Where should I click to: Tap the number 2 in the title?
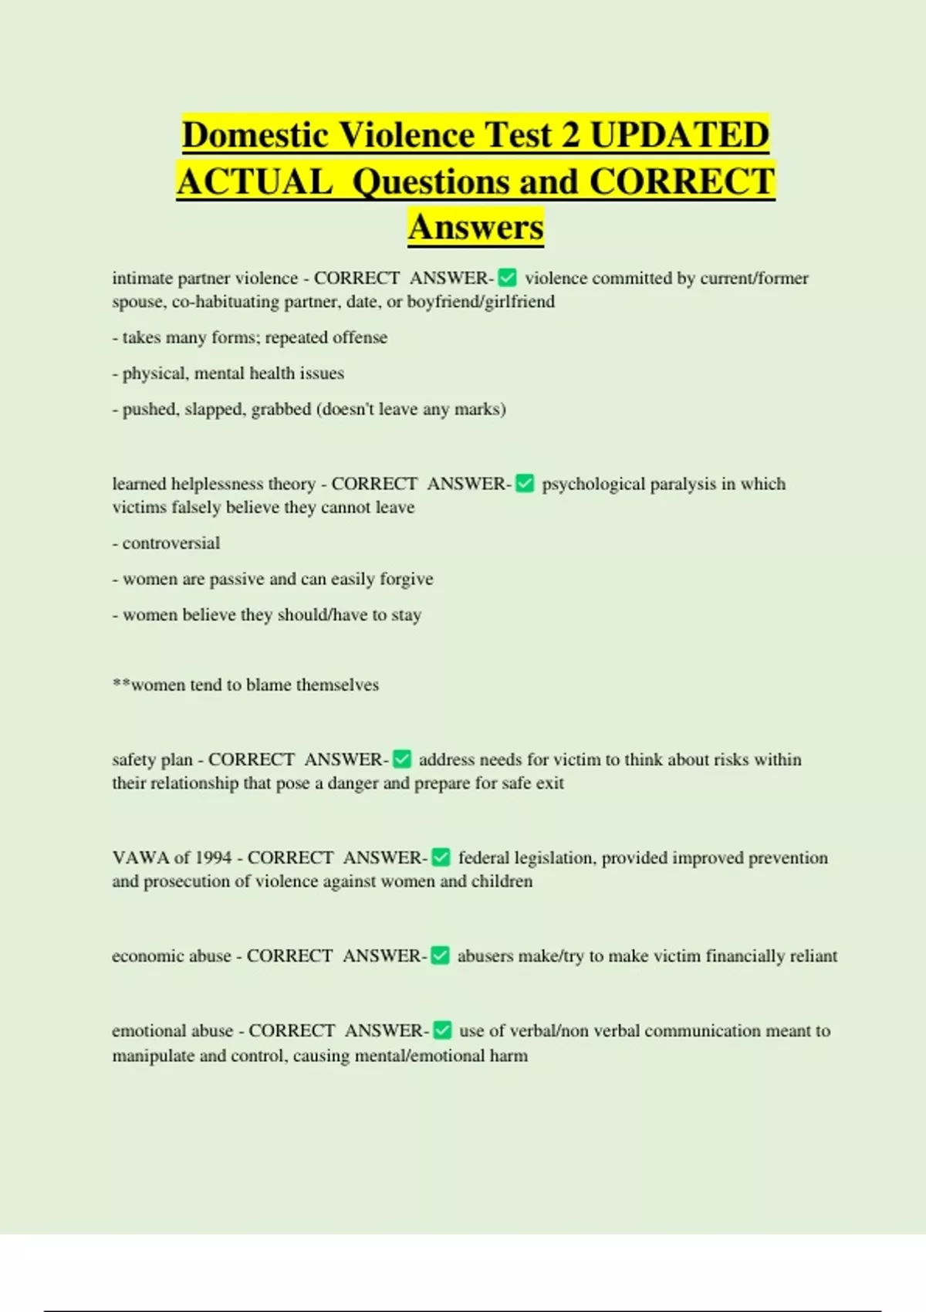pyautogui.click(x=570, y=135)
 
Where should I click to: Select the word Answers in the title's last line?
pyautogui.click(x=476, y=227)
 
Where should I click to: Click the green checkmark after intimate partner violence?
pyautogui.click(x=508, y=278)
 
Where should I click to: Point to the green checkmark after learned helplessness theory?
pyautogui.click(x=525, y=484)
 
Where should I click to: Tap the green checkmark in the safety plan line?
pyautogui.click(x=402, y=759)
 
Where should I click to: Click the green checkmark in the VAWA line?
pyautogui.click(x=441, y=857)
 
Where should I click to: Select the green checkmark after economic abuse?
pyautogui.click(x=440, y=955)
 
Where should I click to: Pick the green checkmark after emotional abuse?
pyautogui.click(x=442, y=1030)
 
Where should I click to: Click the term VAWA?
pyautogui.click(x=140, y=857)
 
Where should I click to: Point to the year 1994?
pyautogui.click(x=213, y=857)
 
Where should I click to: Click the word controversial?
pyautogui.click(x=171, y=543)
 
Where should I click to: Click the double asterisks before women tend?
pyautogui.click(x=121, y=684)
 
